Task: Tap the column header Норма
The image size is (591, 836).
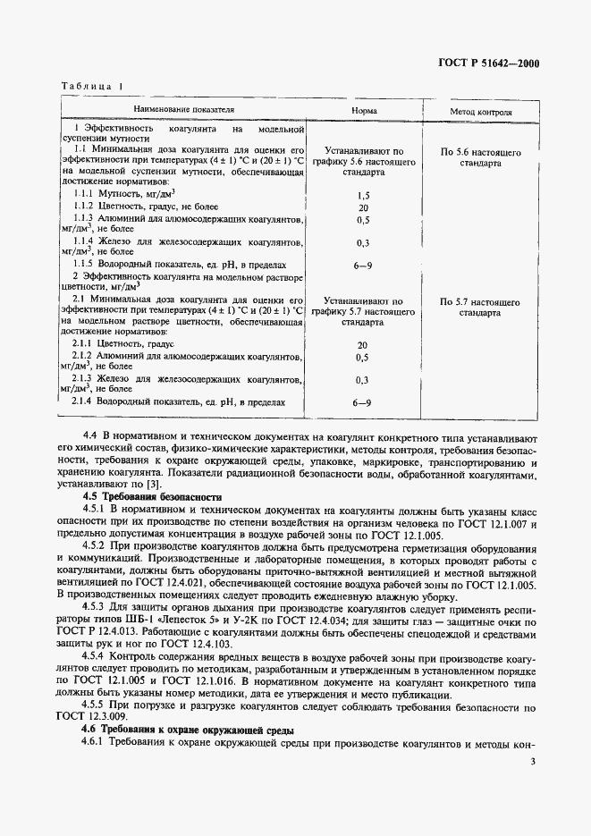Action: (363, 114)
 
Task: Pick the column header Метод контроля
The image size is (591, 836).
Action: (480, 114)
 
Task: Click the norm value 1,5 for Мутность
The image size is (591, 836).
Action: (363, 194)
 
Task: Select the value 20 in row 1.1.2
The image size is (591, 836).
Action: (363, 207)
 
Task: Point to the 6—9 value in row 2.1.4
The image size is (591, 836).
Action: (363, 403)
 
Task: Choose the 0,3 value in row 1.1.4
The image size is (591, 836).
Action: (363, 243)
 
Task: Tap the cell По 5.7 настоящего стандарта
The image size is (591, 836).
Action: (480, 308)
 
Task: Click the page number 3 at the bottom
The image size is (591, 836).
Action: (533, 763)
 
